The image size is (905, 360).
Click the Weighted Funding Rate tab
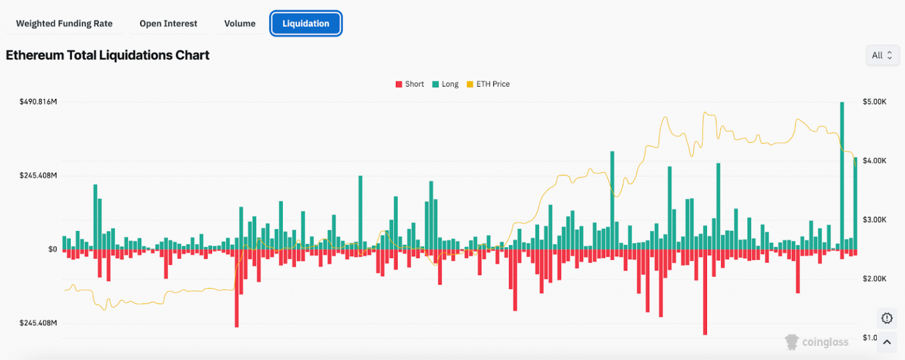[x=64, y=24]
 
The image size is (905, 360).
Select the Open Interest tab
[x=169, y=24]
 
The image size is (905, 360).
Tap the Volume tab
[x=240, y=24]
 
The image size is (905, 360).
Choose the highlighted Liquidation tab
[x=306, y=24]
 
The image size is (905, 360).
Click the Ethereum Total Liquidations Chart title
[x=108, y=55]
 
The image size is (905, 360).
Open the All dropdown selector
[x=882, y=55]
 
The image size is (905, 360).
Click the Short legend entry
[x=410, y=84]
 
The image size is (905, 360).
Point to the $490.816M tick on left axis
[x=38, y=102]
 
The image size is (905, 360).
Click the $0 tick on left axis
[x=52, y=249]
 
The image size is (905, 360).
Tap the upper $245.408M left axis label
[x=38, y=176]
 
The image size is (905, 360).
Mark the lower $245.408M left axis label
[x=38, y=323]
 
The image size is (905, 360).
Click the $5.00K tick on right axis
[x=874, y=102]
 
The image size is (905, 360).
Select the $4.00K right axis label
[x=874, y=161]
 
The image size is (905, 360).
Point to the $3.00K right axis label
[x=874, y=220]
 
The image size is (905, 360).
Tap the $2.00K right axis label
[x=874, y=279]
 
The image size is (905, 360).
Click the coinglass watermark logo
[x=816, y=341]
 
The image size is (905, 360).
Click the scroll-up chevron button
[x=887, y=342]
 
